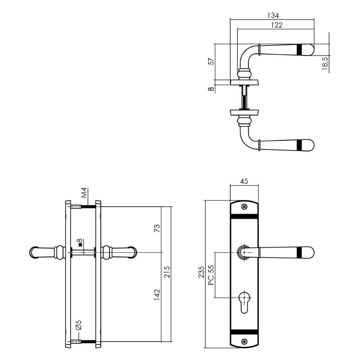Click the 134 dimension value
point(273,15)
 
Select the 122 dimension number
point(276,25)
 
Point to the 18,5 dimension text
point(325,63)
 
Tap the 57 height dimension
point(211,62)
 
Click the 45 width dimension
point(244,181)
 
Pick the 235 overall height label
point(201,272)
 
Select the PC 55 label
point(211,275)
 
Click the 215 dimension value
point(167,272)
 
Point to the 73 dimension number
point(157,228)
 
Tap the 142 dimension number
point(157,295)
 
